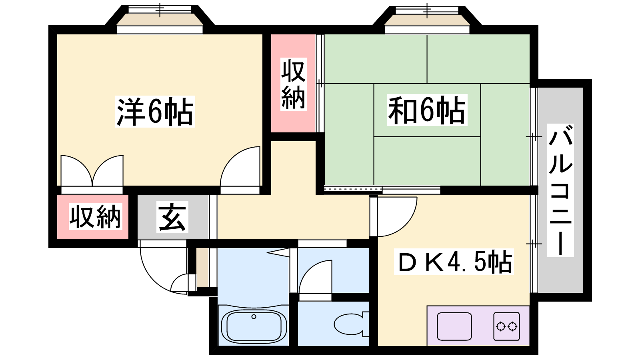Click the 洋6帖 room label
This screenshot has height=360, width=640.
pyautogui.click(x=155, y=112)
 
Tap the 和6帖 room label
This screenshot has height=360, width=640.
pyautogui.click(x=427, y=110)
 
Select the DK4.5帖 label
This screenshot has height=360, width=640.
pyautogui.click(x=454, y=262)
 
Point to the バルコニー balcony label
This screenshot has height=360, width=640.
pyautogui.click(x=560, y=190)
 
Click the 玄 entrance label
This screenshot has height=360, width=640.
pyautogui.click(x=172, y=216)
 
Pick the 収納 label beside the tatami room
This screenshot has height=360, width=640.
pyautogui.click(x=294, y=84)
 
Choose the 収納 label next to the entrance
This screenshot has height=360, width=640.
pyautogui.click(x=96, y=216)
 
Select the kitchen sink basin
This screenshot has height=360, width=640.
pyautogui.click(x=454, y=326)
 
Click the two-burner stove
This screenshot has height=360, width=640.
pyautogui.click(x=506, y=326)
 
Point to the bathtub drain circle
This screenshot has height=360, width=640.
pyautogui.click(x=254, y=316)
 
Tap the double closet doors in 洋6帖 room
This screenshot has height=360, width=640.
pyautogui.click(x=92, y=171)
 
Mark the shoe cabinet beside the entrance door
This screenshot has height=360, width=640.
pyautogui.click(x=203, y=268)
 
